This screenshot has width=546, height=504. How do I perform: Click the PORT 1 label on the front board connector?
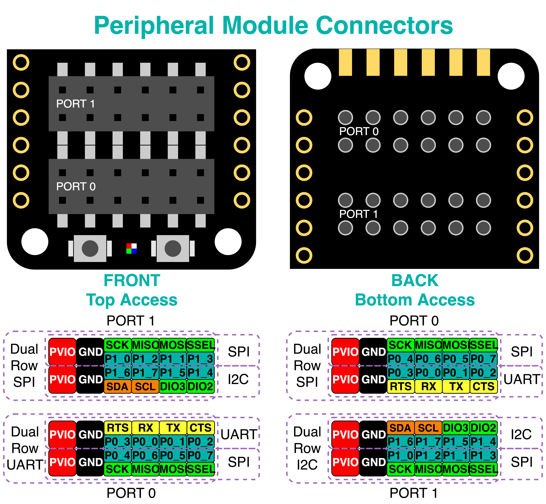coord(75,104)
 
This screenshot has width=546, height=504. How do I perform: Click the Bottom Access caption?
coord(415,300)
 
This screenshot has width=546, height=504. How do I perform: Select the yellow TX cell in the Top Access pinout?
coord(173,428)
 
